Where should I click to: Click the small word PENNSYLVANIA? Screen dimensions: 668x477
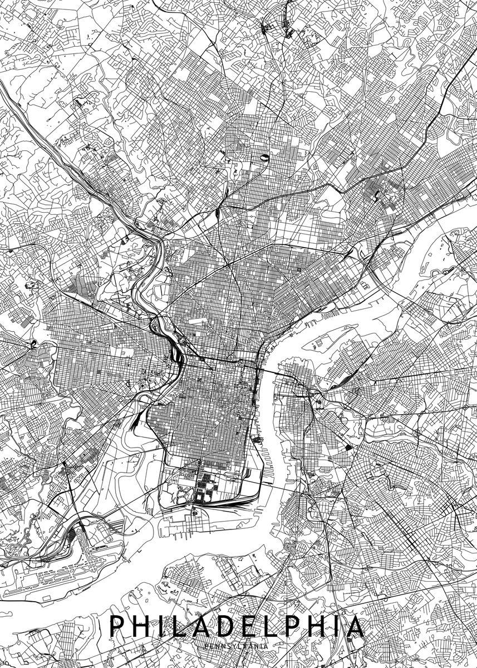(x=237, y=646)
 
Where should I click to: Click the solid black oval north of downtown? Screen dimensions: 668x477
(x=265, y=159)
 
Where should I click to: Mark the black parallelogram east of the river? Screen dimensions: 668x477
(x=348, y=446)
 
